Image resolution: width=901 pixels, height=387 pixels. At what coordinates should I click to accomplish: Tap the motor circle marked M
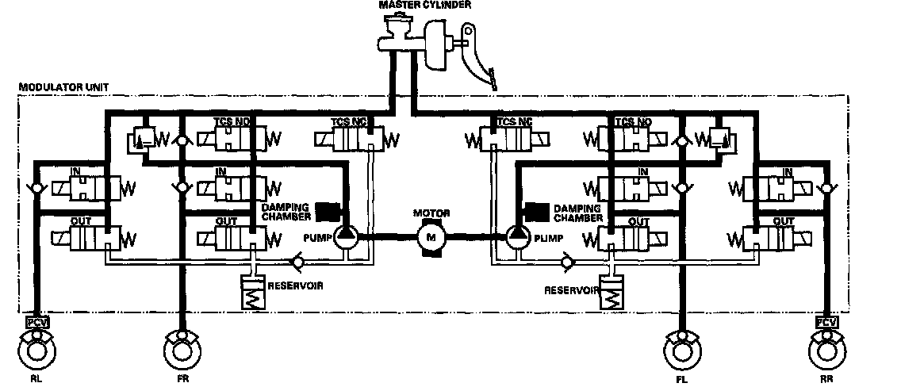click(x=431, y=236)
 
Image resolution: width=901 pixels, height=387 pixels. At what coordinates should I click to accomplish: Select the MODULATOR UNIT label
click(x=54, y=86)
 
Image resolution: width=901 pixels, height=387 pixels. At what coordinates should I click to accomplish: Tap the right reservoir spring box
click(x=613, y=295)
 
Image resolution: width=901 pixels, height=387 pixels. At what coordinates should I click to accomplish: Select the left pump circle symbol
click(x=345, y=236)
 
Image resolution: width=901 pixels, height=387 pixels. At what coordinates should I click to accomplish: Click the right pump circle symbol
click(x=517, y=236)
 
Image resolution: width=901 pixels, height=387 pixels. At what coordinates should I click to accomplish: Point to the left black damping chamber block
click(x=328, y=210)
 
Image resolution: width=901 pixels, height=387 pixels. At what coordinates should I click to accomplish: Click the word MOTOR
click(x=431, y=213)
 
